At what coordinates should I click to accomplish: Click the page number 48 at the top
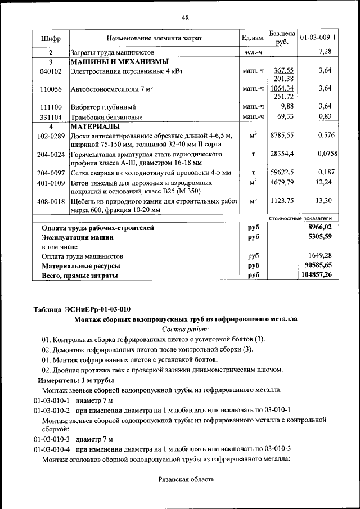coord(184,17)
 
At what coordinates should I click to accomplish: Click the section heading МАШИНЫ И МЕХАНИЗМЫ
coord(119,61)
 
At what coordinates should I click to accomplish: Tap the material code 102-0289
coord(51,136)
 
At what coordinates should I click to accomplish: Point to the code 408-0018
coord(51,201)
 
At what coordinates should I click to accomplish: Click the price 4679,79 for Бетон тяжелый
coord(282,182)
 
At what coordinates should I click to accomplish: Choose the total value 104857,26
coord(317,275)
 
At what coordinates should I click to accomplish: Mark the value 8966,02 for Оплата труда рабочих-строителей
coord(320,227)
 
